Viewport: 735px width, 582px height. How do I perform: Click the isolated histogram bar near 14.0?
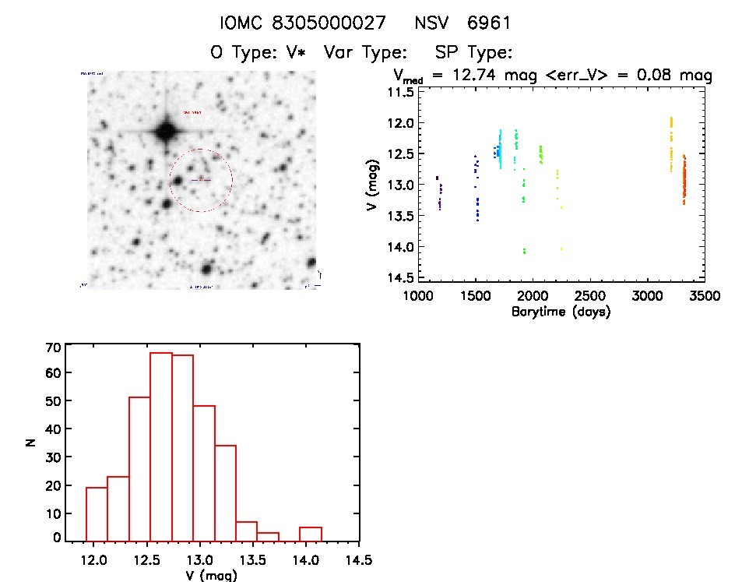click(x=311, y=534)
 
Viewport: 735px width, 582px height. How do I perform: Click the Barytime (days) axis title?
click(x=561, y=312)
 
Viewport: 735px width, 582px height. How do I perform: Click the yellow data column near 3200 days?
click(x=671, y=144)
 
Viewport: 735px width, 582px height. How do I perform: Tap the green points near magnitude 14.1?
click(x=525, y=251)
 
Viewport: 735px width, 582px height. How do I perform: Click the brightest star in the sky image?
click(x=165, y=130)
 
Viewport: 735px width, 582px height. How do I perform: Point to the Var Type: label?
click(x=366, y=53)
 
